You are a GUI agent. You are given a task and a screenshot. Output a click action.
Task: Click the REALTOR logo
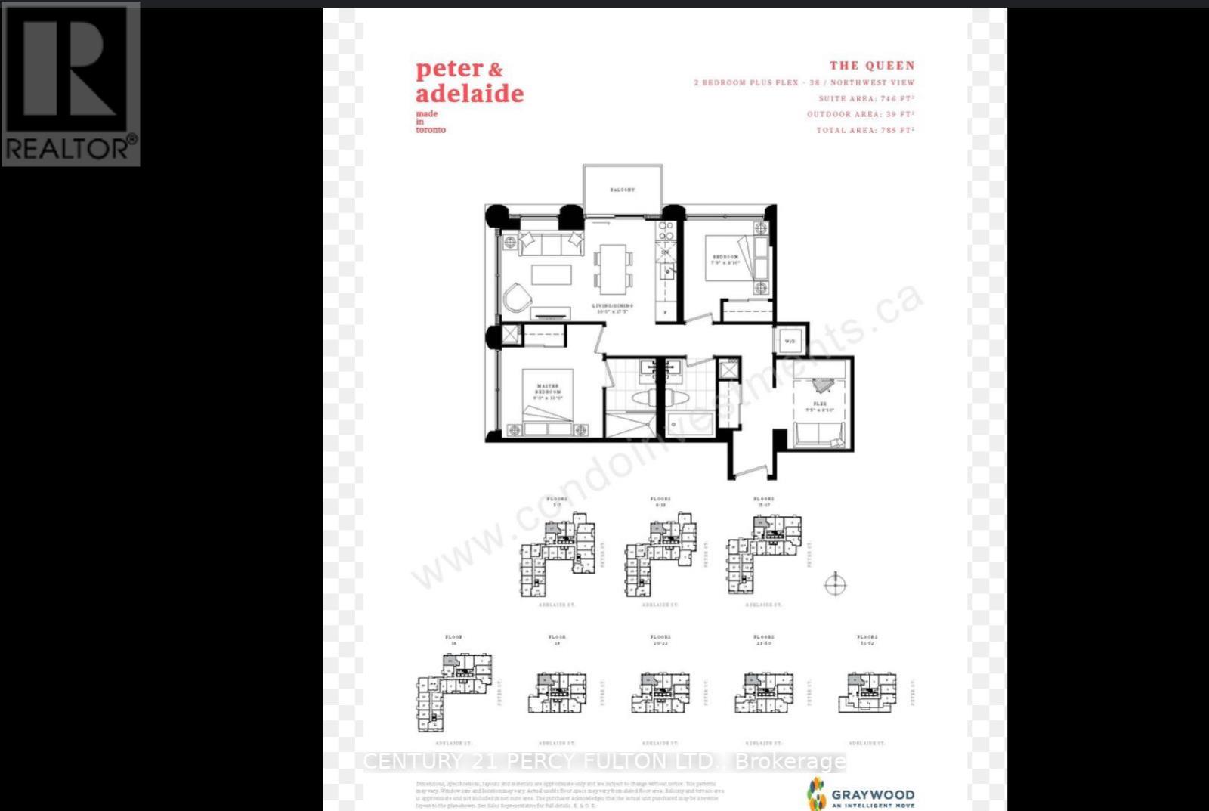(70, 84)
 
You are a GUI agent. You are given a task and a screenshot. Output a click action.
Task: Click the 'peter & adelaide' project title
(469, 82)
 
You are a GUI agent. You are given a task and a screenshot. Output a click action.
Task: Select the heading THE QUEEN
(871, 66)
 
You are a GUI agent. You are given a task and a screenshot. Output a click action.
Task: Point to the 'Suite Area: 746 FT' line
(866, 98)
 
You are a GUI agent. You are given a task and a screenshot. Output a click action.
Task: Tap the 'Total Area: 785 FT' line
(864, 130)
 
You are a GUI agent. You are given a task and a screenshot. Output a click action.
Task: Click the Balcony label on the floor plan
(622, 190)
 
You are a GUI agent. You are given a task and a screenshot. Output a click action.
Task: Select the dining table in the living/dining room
(613, 268)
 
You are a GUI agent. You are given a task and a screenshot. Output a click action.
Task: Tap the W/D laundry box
(790, 341)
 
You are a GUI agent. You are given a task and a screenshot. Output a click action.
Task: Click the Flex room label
(820, 407)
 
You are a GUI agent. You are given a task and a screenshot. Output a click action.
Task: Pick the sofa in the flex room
(818, 436)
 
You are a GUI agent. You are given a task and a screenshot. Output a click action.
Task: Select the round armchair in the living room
(518, 297)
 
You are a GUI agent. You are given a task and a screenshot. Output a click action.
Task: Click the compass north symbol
(834, 584)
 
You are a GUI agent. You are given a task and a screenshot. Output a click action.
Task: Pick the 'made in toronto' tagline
(431, 122)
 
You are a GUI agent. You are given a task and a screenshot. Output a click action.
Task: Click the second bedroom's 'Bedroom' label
(725, 259)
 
